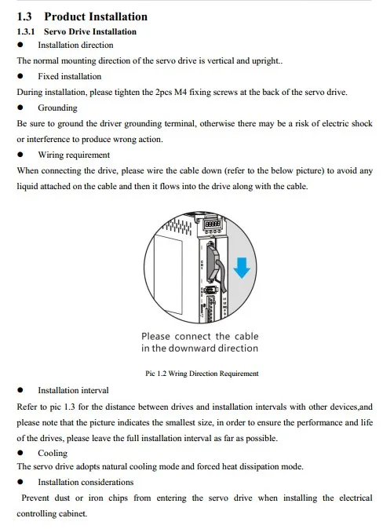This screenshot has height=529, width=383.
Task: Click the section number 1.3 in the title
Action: [25, 16]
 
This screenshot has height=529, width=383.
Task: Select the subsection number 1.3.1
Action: [27, 32]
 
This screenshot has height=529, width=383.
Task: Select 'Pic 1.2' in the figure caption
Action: [159, 374]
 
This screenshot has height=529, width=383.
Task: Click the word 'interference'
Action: [47, 140]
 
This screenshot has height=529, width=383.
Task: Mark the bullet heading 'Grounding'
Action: [57, 108]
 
